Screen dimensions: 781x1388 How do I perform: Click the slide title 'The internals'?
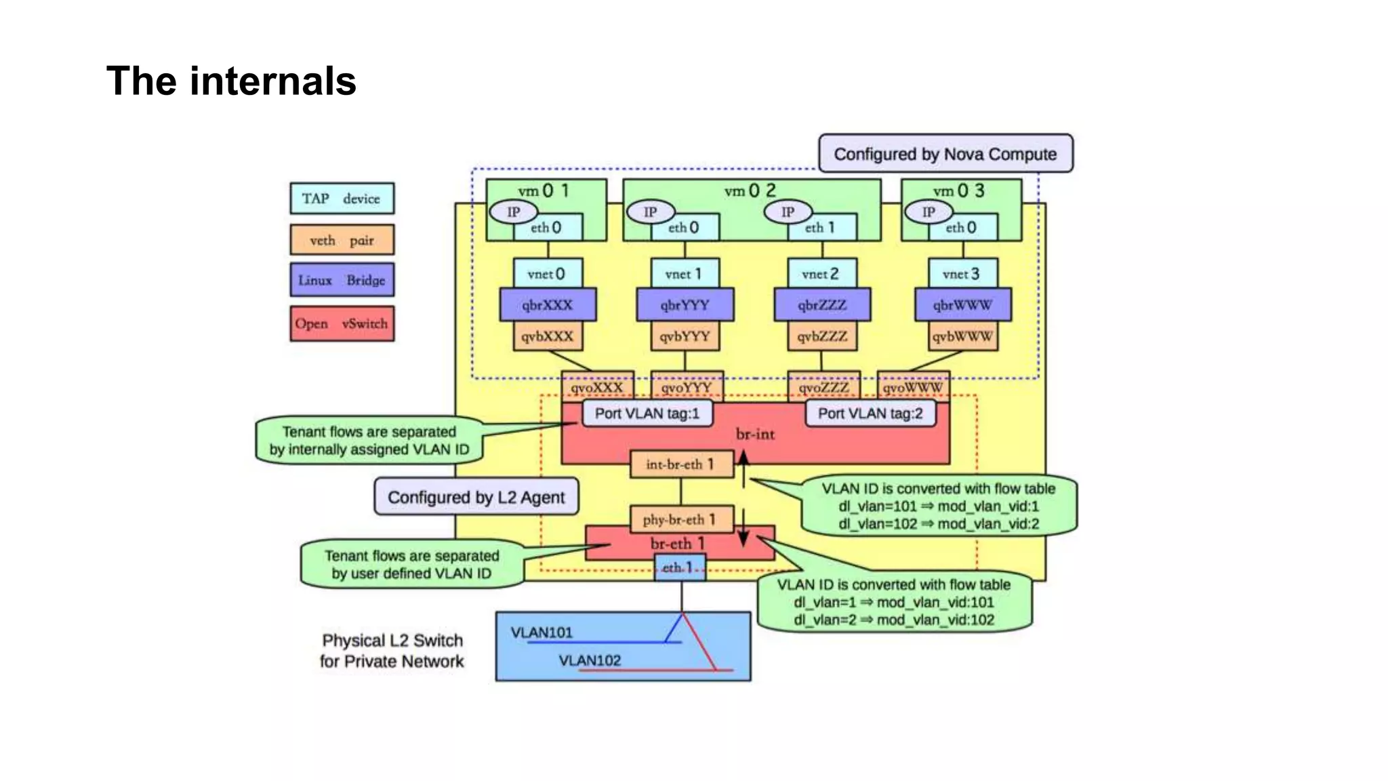[x=231, y=81]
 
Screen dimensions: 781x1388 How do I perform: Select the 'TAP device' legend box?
[x=342, y=199]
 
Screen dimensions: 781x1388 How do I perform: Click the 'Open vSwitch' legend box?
[x=342, y=324]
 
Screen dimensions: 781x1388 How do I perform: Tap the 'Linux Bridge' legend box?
[x=342, y=280]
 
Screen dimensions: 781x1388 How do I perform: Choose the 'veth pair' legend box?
[x=342, y=240]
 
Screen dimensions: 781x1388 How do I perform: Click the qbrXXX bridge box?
[x=548, y=305]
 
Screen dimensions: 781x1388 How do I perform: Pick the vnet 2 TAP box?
[x=821, y=274]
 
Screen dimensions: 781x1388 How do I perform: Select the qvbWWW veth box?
[x=962, y=336]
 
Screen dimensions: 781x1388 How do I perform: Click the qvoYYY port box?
[x=687, y=387]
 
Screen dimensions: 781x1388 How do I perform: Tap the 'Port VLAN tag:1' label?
[x=647, y=414]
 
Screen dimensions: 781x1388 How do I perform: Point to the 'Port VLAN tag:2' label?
[x=870, y=414]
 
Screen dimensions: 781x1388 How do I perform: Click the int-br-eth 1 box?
[x=681, y=464]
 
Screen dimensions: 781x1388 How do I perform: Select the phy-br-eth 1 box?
[x=681, y=519]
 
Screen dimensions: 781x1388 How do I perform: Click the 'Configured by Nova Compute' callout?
[x=945, y=154]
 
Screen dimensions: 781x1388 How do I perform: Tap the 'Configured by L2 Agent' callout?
[x=476, y=497]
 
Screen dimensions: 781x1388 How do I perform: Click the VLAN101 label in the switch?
[x=542, y=633]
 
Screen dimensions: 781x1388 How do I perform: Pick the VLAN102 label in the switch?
[x=590, y=660]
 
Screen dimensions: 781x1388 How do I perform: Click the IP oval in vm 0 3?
[x=928, y=212]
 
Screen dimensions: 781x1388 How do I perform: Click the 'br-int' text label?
[x=755, y=435]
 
